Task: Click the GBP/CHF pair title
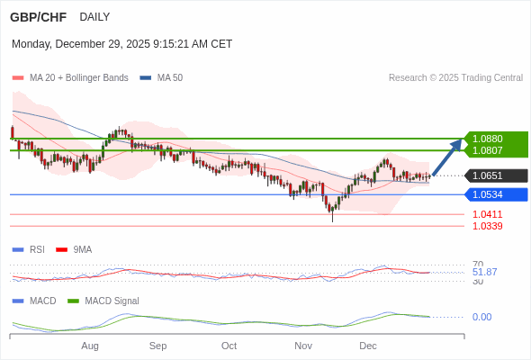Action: (38, 17)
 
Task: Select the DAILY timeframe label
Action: (94, 17)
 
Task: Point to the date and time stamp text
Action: (121, 43)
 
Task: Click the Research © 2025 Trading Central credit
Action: (455, 77)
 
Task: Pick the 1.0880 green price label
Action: (488, 139)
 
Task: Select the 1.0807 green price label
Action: (488, 150)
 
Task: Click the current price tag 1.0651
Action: (488, 175)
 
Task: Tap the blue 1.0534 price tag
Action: (488, 194)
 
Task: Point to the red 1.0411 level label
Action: (488, 214)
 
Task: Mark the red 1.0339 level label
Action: (488, 226)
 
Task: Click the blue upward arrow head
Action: (457, 144)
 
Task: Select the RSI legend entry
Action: (37, 249)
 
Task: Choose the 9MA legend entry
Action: (82, 249)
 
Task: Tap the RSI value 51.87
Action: (484, 272)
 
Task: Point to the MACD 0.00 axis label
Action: (481, 317)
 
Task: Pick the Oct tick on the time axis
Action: (229, 346)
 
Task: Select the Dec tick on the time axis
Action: (367, 346)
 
